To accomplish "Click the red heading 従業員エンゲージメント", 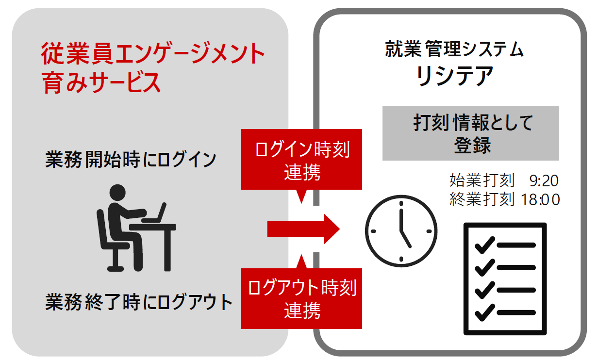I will pos(153,54).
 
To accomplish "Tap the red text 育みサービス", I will pos(101,82).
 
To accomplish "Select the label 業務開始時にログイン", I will pos(131,160).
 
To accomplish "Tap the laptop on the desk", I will pos(155,213).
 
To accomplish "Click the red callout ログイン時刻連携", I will pos(301,160).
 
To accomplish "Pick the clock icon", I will pos(401,228).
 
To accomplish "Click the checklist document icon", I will pos(505,278).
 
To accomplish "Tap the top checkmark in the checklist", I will pos(484,245).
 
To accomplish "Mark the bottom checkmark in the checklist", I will pos(484,313).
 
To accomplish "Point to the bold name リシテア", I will pos(455,76).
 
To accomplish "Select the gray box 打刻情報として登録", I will pos(470,133).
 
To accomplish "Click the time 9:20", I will pos(544,181).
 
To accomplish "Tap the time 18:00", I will pos(540,199).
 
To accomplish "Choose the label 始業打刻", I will pos(482,181).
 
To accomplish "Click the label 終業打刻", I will pos(482,199).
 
